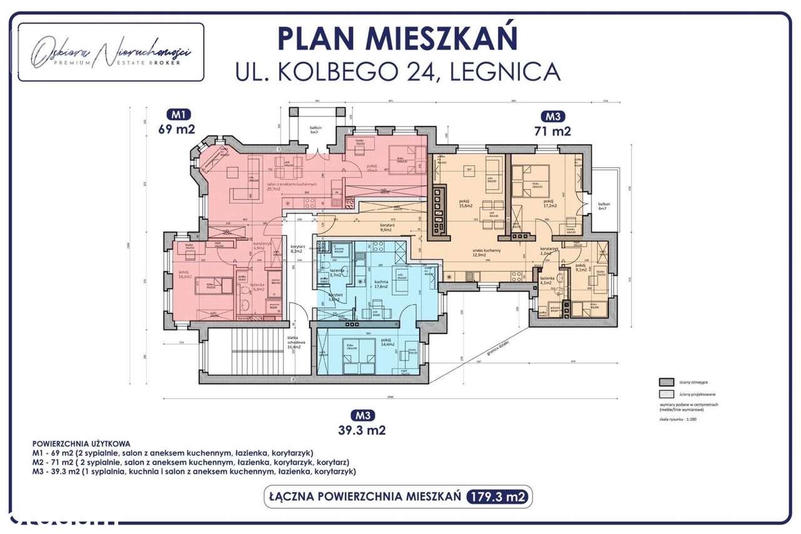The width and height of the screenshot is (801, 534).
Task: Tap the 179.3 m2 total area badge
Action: point(498,497)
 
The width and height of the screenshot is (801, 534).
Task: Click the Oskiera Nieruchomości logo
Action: point(111,53)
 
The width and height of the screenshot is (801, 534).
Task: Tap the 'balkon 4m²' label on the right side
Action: point(603,207)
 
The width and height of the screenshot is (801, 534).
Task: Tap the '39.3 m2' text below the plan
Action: point(362,430)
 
